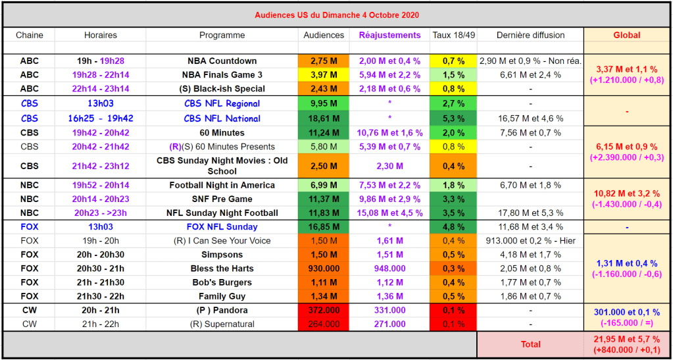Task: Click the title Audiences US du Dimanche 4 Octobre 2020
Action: [336, 14]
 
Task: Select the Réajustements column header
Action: [389, 36]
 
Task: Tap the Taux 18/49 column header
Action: [453, 36]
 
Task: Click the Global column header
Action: [626, 36]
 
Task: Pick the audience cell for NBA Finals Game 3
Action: [324, 75]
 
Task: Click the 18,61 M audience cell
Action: [324, 118]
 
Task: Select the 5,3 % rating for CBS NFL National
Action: [453, 118]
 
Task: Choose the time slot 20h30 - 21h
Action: [101, 269]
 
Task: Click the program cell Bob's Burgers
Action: [222, 282]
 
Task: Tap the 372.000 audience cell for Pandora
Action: [324, 310]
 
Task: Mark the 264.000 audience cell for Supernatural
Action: [324, 324]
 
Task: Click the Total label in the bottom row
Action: [530, 344]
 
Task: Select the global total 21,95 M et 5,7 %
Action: [626, 339]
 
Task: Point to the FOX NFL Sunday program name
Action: [222, 227]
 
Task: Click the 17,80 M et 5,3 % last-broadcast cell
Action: [530, 213]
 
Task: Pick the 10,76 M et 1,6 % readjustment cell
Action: [389, 132]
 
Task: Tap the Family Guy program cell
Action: [222, 296]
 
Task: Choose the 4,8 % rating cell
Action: [453, 227]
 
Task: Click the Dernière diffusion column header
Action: [530, 36]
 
